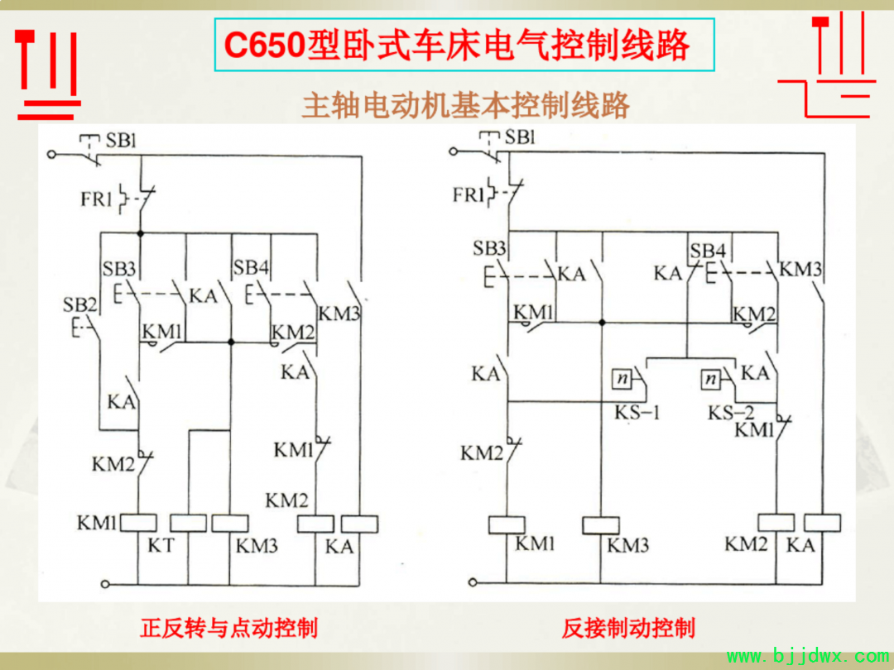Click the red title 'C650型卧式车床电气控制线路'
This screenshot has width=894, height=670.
457,45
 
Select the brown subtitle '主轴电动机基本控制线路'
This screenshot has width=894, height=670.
465,105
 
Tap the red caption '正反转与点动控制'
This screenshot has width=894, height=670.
228,628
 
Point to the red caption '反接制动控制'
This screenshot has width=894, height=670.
627,628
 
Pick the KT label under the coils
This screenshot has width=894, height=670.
161,545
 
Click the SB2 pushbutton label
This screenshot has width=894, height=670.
79,305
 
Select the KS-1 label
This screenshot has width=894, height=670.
637,412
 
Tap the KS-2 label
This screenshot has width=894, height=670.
731,412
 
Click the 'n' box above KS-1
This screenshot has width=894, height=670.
622,378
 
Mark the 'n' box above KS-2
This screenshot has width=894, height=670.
710,378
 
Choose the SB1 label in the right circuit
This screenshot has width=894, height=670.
519,137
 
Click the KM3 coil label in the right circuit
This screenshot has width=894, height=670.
627,545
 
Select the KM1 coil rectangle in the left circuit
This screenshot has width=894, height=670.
138,523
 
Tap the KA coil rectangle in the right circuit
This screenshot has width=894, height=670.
822,523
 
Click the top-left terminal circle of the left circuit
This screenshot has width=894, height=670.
51,154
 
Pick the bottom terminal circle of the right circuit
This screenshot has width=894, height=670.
473,582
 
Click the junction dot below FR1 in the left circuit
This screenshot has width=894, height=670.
140,233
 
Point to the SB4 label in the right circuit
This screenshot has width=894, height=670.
708,251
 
